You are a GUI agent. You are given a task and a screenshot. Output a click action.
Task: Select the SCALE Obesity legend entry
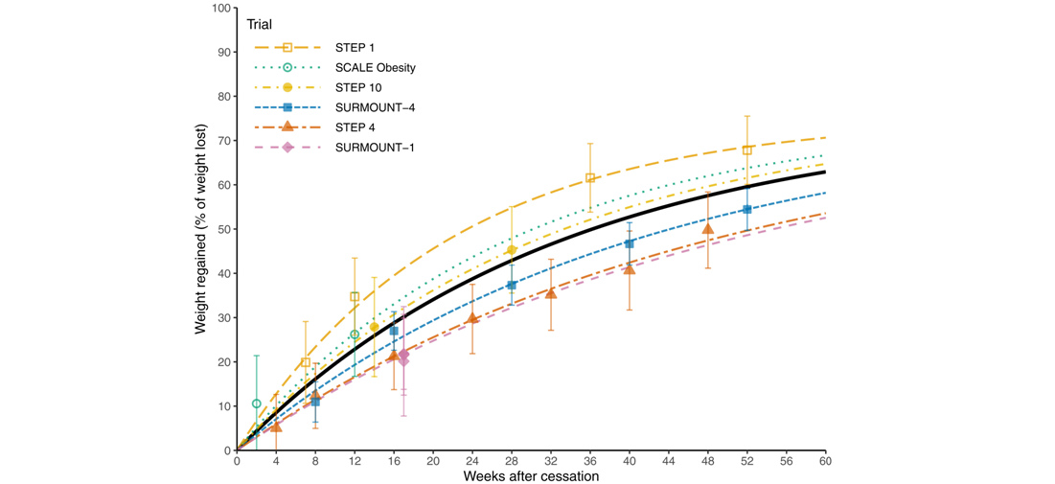click(x=375, y=67)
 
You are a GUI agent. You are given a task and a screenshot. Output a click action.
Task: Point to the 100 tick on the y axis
click(x=222, y=9)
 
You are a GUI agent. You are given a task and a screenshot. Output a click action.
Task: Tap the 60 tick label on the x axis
click(x=825, y=461)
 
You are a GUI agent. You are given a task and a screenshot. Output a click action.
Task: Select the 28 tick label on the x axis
click(x=512, y=461)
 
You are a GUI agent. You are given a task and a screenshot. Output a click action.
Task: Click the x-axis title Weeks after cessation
click(x=532, y=476)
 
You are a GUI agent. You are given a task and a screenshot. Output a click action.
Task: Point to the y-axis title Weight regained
click(x=200, y=229)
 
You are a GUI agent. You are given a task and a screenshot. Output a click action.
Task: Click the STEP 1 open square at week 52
click(x=747, y=150)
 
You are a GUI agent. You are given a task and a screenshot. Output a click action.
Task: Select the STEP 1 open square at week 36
click(x=590, y=178)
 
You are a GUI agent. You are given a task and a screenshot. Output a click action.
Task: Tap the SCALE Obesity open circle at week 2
click(x=257, y=403)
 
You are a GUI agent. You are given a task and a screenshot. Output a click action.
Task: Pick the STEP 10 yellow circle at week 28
click(x=512, y=250)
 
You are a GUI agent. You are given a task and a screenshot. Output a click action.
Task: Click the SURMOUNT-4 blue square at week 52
click(x=747, y=209)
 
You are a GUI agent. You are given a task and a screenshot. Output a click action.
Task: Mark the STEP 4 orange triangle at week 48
click(x=708, y=229)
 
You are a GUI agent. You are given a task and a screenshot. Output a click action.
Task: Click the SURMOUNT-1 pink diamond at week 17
click(x=403, y=355)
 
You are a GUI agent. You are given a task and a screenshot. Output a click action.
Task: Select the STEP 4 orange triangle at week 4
click(x=276, y=426)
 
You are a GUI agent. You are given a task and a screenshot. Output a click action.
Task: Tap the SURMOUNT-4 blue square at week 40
click(x=630, y=243)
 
